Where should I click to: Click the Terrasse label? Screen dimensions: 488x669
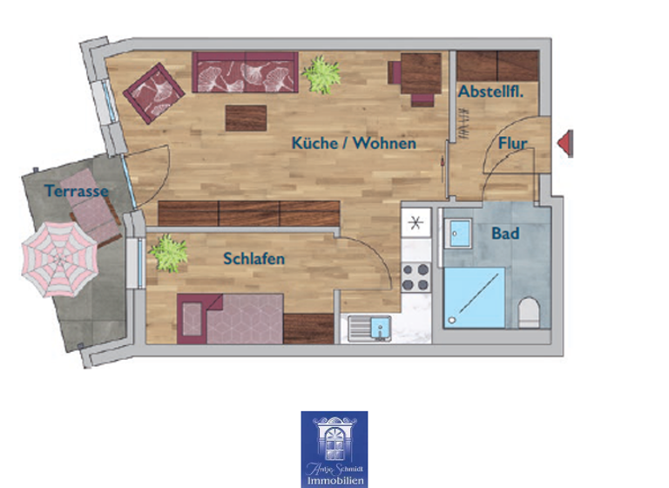pyautogui.click(x=77, y=191)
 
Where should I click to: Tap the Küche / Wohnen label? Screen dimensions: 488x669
pyautogui.click(x=354, y=143)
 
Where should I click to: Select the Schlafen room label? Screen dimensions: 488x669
pyautogui.click(x=253, y=259)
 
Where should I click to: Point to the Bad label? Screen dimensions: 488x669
pyautogui.click(x=505, y=234)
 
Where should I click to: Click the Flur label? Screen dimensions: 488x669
pyautogui.click(x=513, y=144)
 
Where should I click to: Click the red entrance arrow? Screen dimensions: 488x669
pyautogui.click(x=565, y=143)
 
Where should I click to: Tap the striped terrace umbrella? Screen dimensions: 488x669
pyautogui.click(x=57, y=258)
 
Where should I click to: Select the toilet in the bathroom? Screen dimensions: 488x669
pyautogui.click(x=528, y=311)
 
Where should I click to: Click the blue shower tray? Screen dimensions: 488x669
pyautogui.click(x=474, y=297)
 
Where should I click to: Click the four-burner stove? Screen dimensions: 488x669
pyautogui.click(x=416, y=276)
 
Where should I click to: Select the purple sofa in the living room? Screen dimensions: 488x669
pyautogui.click(x=245, y=73)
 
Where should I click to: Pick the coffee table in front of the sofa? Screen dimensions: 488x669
pyautogui.click(x=246, y=118)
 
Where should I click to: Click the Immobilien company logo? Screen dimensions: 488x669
pyautogui.click(x=334, y=449)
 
